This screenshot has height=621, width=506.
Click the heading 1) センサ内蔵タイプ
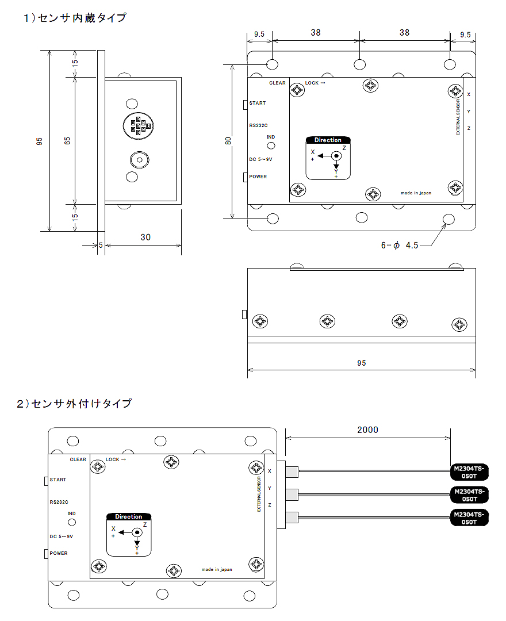pyautogui.click(x=75, y=18)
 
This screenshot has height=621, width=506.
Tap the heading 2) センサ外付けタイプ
pyautogui.click(x=74, y=403)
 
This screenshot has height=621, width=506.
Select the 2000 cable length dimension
pyautogui.click(x=367, y=430)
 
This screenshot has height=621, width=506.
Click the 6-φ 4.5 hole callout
pyautogui.click(x=400, y=245)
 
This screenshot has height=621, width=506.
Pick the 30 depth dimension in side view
pyautogui.click(x=145, y=237)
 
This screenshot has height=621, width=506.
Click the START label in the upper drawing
pyautogui.click(x=258, y=103)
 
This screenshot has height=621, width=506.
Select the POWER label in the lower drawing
pyautogui.click(x=59, y=553)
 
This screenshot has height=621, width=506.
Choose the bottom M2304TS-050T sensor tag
pyautogui.click(x=469, y=518)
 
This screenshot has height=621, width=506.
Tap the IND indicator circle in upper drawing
pyautogui.click(x=271, y=145)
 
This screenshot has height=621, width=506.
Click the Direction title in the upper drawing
pyautogui.click(x=328, y=140)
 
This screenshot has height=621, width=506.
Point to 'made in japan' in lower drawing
pyautogui.click(x=217, y=569)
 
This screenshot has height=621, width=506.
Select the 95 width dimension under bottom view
pyautogui.click(x=361, y=363)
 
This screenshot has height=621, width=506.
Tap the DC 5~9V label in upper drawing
pyautogui.click(x=260, y=159)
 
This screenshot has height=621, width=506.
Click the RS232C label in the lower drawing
pyautogui.click(x=59, y=501)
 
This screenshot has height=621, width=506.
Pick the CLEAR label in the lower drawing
pyautogui.click(x=78, y=459)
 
